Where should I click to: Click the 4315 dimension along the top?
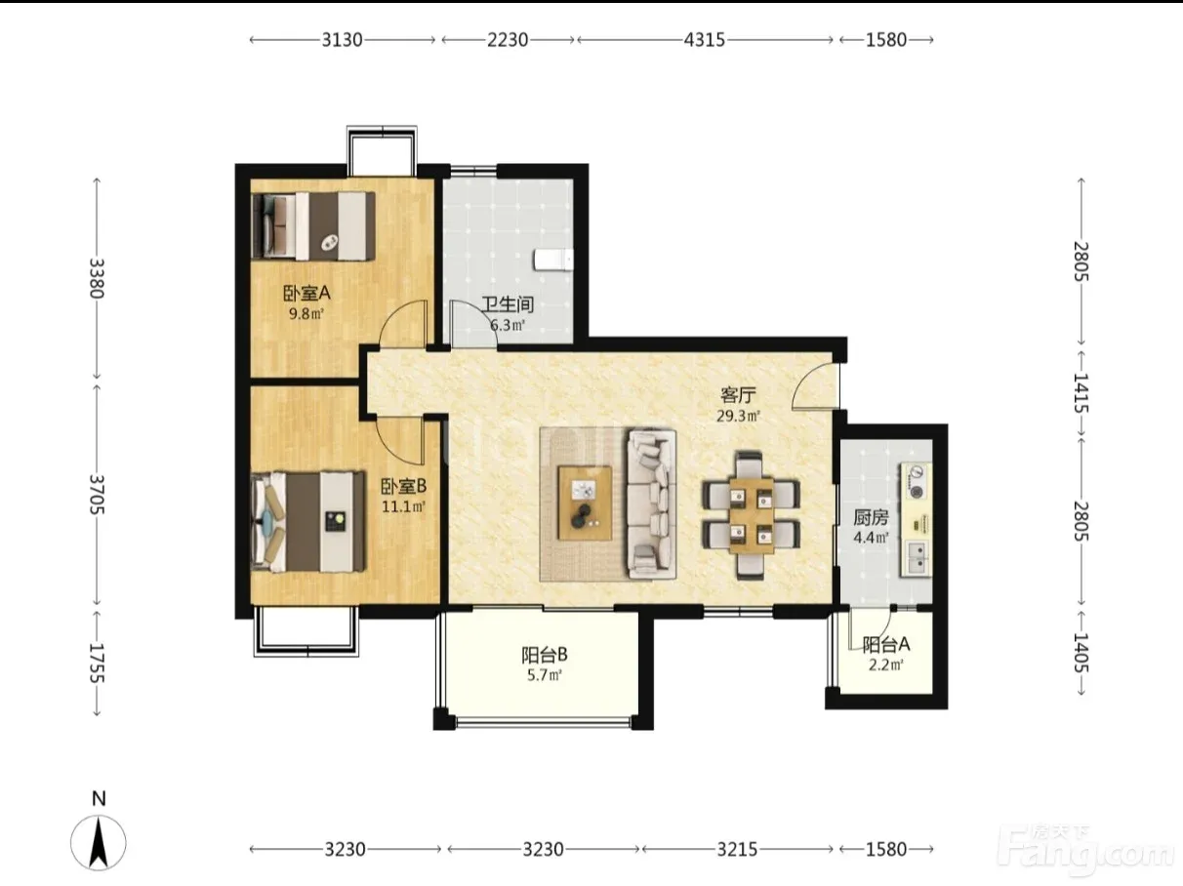click(705, 40)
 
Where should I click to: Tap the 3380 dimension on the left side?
click(97, 278)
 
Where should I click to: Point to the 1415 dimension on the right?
click(1081, 392)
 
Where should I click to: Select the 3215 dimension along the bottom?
click(737, 849)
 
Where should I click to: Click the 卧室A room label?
click(306, 293)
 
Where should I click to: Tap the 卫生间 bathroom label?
click(508, 304)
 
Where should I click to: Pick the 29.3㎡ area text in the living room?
click(738, 416)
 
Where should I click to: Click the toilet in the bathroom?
click(553, 260)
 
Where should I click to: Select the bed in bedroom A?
click(313, 226)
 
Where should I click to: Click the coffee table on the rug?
click(585, 503)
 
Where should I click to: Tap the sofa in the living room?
click(651, 504)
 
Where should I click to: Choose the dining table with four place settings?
click(752, 515)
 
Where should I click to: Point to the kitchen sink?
click(917, 557)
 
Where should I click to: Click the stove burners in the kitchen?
click(916, 482)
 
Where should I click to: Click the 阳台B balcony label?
click(545, 655)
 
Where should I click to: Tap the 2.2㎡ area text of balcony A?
click(885, 665)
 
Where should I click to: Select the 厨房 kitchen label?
click(871, 517)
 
